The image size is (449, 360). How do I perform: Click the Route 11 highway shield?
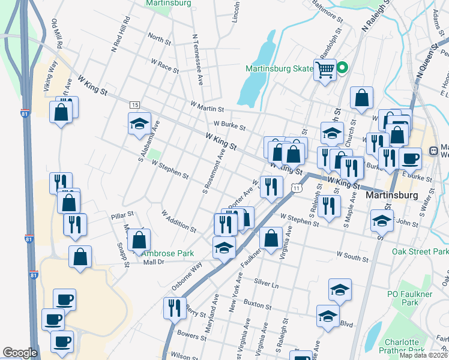pyautogui.click(x=297, y=188)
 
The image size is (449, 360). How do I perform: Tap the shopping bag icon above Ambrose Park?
pyautogui.click(x=139, y=241)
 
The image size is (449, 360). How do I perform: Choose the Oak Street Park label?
pyautogui.click(x=420, y=251)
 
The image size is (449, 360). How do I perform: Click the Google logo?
pyautogui.click(x=20, y=353)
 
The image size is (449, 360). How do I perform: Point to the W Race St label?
pyautogui.click(x=165, y=65)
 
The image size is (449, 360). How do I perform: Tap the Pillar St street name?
pyautogui.click(x=122, y=214)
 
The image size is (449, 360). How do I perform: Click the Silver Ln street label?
pyautogui.click(x=267, y=282)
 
